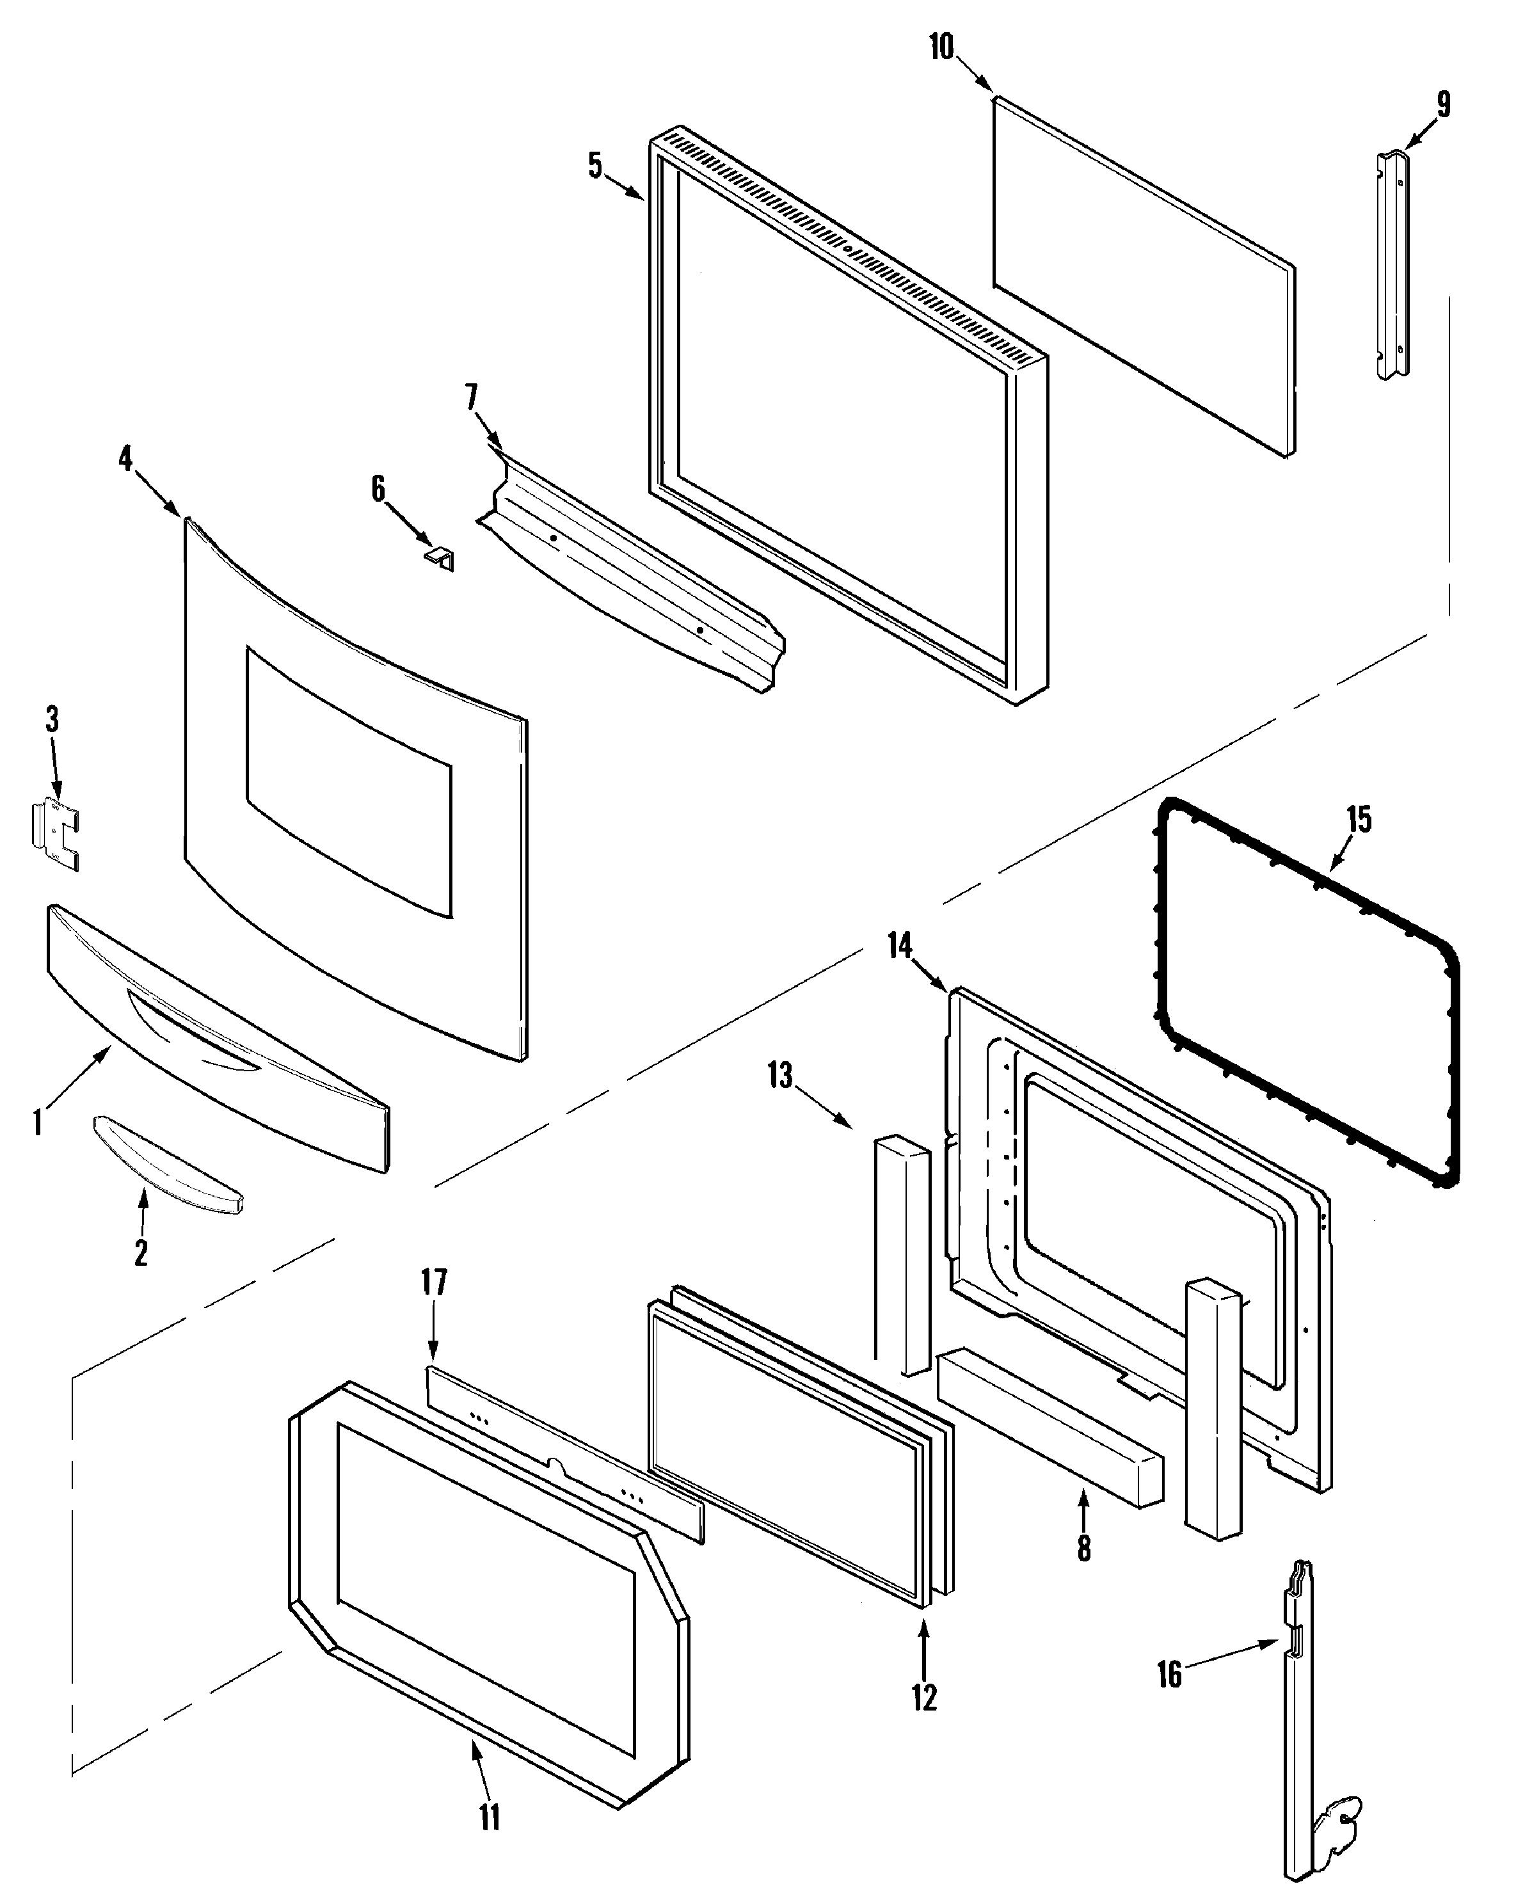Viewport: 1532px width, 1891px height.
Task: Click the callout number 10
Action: [x=941, y=47]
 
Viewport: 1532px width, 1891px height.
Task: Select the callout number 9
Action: [x=1443, y=105]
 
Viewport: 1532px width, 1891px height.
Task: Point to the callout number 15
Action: [x=1359, y=820]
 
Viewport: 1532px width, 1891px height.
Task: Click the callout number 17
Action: [x=434, y=1282]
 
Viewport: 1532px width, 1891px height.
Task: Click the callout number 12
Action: [x=924, y=1697]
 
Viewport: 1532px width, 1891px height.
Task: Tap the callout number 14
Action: [x=899, y=946]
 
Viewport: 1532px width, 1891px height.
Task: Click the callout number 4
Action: [x=126, y=459]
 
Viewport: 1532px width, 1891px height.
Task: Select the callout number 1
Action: [x=37, y=1123]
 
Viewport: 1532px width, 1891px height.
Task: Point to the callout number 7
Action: [x=472, y=397]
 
